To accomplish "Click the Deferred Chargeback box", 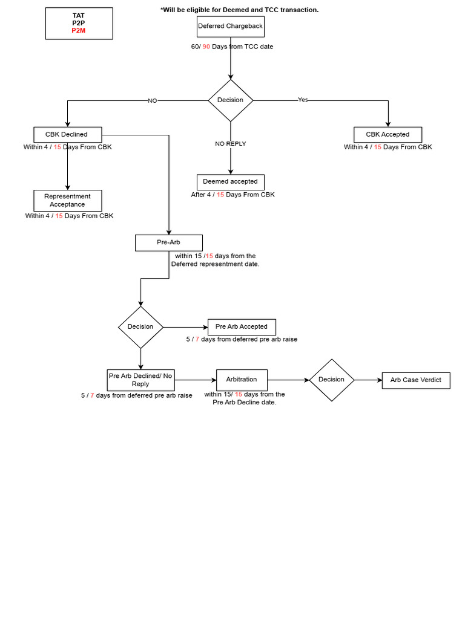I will pyautogui.click(x=230, y=27).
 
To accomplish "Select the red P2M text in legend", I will pyautogui.click(x=79, y=31).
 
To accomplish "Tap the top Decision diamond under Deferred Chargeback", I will pyautogui.click(x=231, y=100).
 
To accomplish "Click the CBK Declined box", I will pyautogui.click(x=67, y=135).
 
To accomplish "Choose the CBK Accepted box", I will pyautogui.click(x=387, y=135).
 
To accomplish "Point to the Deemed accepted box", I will pyautogui.click(x=230, y=182).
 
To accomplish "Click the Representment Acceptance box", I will pyautogui.click(x=67, y=201).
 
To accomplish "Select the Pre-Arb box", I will pyautogui.click(x=168, y=243).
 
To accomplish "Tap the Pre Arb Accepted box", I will pyautogui.click(x=242, y=327).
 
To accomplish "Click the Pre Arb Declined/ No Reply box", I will pyautogui.click(x=140, y=380).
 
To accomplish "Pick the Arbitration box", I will pyautogui.click(x=242, y=380).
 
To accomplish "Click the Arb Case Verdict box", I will pyautogui.click(x=416, y=380).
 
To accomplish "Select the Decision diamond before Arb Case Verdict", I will pyautogui.click(x=331, y=380).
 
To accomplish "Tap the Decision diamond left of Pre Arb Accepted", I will pyautogui.click(x=140, y=327).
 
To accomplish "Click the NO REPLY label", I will pyautogui.click(x=231, y=144).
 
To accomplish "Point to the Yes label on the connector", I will pyautogui.click(x=303, y=100).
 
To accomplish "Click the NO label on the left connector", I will pyautogui.click(x=152, y=101).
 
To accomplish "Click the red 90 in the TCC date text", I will pyautogui.click(x=206, y=47).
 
